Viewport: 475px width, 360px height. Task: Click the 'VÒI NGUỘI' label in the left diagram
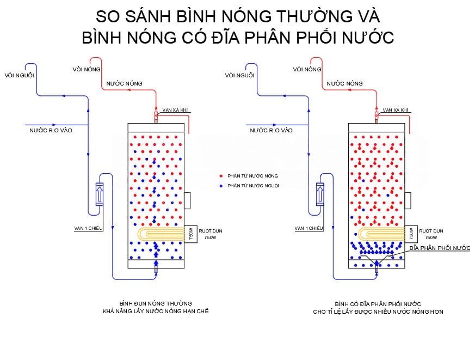(20, 75)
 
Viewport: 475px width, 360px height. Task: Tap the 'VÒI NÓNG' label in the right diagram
(307, 70)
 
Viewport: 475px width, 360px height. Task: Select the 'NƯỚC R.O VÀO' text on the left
(51, 130)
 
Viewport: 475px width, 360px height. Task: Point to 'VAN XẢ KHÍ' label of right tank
(396, 110)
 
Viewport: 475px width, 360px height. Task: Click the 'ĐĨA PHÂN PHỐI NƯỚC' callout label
(440, 248)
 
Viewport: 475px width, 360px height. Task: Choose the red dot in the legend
(221, 176)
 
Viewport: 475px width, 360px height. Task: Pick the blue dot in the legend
(221, 186)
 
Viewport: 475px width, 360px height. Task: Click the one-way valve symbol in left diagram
(100, 194)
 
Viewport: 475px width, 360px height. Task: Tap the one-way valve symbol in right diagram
(320, 194)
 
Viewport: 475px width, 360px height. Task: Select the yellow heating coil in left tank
(161, 234)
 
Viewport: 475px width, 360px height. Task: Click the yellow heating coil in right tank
(381, 234)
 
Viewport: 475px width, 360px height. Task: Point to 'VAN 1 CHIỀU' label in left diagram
(88, 228)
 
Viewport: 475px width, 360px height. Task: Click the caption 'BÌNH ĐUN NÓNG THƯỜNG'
(156, 303)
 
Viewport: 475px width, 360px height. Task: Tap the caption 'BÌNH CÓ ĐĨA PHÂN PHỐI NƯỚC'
(378, 304)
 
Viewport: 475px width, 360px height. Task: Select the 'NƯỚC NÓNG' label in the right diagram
(344, 83)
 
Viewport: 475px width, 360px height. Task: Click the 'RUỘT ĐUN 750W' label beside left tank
(211, 234)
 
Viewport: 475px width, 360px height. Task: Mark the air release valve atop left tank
(156, 117)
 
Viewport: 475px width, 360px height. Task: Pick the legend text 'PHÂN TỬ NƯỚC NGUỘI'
(253, 186)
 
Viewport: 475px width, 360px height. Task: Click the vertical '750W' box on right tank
(411, 234)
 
